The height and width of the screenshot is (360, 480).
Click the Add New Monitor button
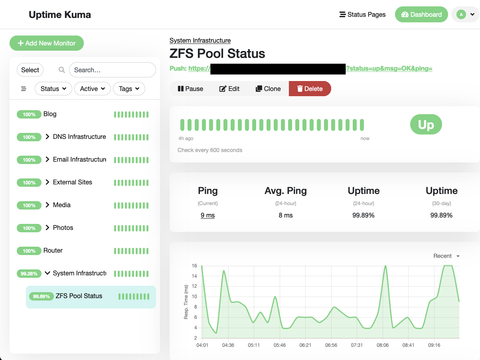click(47, 43)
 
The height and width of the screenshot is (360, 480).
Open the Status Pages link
click(362, 14)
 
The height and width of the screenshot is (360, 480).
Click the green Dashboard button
click(421, 14)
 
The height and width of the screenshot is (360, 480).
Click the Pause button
click(190, 89)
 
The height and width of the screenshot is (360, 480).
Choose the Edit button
click(229, 89)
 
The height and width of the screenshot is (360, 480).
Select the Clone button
click(268, 89)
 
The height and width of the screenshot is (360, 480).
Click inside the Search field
click(112, 70)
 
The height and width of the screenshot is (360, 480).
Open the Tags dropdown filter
click(129, 89)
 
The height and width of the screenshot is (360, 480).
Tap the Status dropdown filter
click(53, 89)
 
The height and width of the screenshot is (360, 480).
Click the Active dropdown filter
click(93, 89)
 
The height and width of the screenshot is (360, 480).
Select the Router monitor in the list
click(53, 250)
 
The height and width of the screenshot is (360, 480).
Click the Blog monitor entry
click(50, 114)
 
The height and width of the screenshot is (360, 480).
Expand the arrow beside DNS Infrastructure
click(48, 136)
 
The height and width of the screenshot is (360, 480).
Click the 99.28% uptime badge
click(29, 273)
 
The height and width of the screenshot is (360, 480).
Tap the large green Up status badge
click(426, 125)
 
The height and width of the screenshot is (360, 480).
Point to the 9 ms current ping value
click(207, 215)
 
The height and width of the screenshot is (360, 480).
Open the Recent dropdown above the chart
click(446, 256)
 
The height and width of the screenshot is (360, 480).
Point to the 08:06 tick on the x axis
click(382, 345)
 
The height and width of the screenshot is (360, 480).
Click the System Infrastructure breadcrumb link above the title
click(200, 40)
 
